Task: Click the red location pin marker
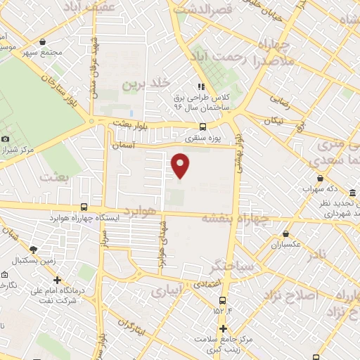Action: coord(181,165)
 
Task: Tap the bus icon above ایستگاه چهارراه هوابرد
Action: coord(84,207)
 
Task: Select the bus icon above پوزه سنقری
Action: coord(202,127)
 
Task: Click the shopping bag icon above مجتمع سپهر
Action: coord(44,41)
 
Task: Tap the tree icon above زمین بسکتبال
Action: coord(33,249)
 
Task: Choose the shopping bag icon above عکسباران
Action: coord(286,234)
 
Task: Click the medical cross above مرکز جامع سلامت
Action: coord(223,328)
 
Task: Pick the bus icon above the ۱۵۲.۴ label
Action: coord(223,300)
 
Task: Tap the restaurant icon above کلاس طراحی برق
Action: coord(202,86)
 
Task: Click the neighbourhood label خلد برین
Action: coord(146,84)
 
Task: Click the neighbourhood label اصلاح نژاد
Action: coord(290,295)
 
